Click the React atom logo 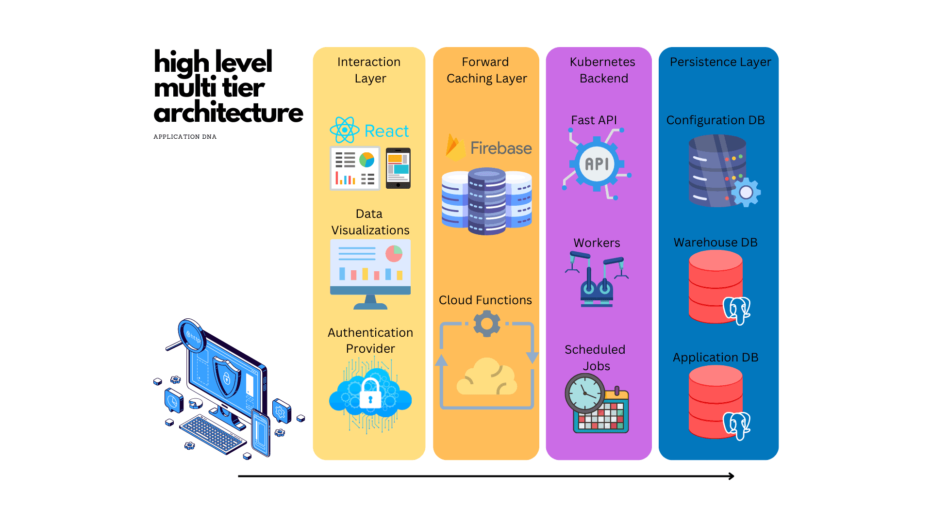pos(344,130)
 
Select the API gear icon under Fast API pos(597,164)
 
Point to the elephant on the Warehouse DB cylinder pos(736,310)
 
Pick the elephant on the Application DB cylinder pos(736,425)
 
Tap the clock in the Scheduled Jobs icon pos(585,393)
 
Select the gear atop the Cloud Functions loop pos(486,324)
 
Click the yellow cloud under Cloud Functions pos(486,377)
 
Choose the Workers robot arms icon pos(597,279)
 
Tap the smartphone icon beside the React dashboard pos(398,168)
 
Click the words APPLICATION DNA pos(185,137)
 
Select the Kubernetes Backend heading pos(602,70)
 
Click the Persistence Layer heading pos(720,62)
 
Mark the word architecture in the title pos(228,113)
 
